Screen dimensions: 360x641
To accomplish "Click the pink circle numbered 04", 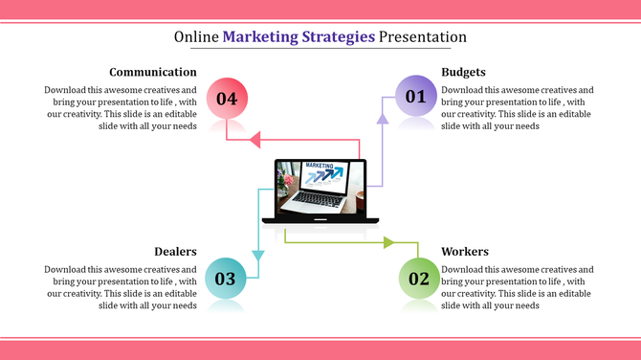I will (227, 98).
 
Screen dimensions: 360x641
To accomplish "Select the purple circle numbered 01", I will (415, 96).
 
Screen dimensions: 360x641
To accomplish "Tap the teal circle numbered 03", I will (225, 279).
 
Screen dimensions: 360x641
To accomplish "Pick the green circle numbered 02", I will (419, 279).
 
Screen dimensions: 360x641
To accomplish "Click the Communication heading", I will (153, 72).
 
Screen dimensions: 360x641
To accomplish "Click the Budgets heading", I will (463, 72).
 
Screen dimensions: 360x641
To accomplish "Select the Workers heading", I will (465, 252).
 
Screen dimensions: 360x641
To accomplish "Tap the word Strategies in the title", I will (335, 37).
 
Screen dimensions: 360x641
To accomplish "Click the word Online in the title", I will (196, 37).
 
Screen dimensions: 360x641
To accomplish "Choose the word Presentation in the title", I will (423, 37).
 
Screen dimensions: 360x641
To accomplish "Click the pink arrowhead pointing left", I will (254, 141).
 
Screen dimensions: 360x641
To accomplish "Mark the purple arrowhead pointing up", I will (382, 119).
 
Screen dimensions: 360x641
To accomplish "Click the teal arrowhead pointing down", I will (256, 255).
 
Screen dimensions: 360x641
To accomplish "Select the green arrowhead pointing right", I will (387, 242).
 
